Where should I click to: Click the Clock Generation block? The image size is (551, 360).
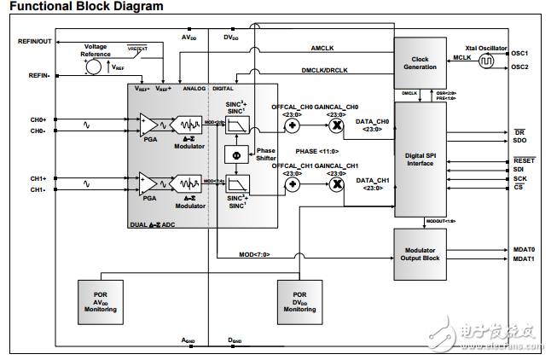click(420, 62)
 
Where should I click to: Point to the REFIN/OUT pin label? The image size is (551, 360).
click(34, 40)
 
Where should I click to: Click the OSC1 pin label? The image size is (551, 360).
click(520, 53)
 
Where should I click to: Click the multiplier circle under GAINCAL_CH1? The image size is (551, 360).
click(336, 184)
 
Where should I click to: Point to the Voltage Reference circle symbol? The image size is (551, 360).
click(96, 65)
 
